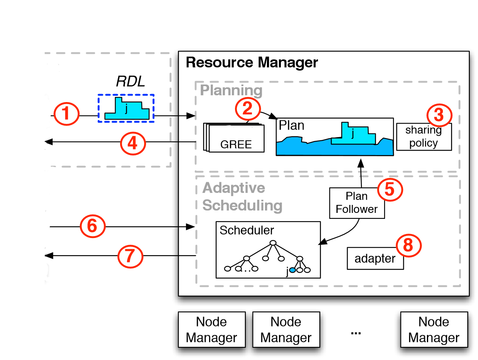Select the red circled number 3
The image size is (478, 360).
tap(439, 115)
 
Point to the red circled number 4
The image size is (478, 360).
tap(133, 142)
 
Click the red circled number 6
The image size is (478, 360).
tap(92, 226)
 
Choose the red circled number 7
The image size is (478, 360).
tap(130, 256)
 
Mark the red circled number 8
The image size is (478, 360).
tap(408, 246)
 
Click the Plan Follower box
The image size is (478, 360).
tap(357, 203)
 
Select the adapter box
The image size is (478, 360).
tap(375, 259)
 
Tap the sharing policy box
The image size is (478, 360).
tap(424, 137)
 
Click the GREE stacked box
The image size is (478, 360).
tap(235, 138)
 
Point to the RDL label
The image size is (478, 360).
tap(130, 81)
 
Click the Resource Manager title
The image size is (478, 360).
tap(252, 63)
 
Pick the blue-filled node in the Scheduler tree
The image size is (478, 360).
tap(292, 270)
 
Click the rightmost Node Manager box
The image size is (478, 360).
tap(434, 330)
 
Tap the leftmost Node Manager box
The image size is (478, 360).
tap(211, 330)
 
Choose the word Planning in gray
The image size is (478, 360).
tap(231, 90)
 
